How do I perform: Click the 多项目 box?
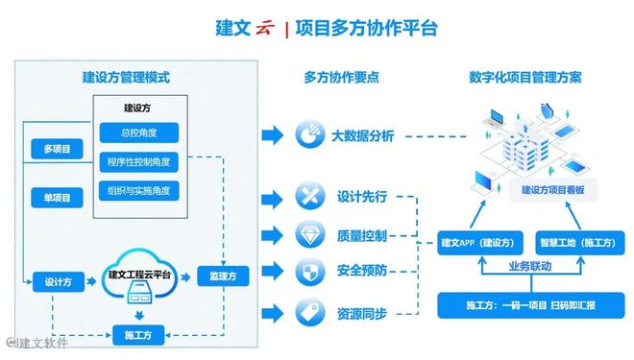(x=58, y=150)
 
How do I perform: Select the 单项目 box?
(x=58, y=198)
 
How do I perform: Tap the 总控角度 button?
(x=139, y=132)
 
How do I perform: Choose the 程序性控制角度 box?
(x=139, y=161)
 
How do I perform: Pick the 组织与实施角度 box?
(x=139, y=190)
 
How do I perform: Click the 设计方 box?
(x=52, y=283)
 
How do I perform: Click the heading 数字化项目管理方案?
(x=524, y=78)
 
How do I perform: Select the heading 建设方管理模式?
(x=133, y=77)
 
